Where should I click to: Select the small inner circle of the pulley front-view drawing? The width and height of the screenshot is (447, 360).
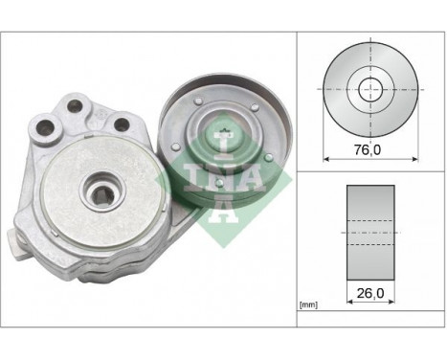369,89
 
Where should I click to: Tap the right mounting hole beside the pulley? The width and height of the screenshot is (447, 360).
122,123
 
